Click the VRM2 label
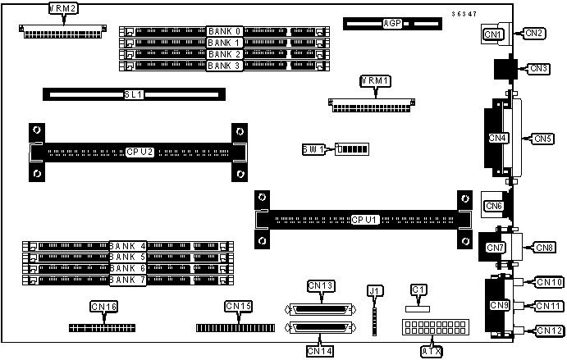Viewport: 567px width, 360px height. [63, 9]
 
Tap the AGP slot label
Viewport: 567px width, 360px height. [392, 23]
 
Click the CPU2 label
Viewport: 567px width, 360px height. [140, 152]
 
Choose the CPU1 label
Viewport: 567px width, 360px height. [364, 220]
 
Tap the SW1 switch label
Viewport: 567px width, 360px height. [313, 149]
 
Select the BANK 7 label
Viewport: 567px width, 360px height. [127, 280]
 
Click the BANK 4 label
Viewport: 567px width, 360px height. [127, 245]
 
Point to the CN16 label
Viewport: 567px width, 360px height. [103, 307]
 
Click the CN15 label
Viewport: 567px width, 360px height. [238, 307]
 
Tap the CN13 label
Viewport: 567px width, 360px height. [321, 285]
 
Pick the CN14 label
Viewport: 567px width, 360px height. [321, 350]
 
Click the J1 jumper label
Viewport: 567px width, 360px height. [375, 290]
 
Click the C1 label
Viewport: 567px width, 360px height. [418, 289]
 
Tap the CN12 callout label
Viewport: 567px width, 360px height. [548, 330]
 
